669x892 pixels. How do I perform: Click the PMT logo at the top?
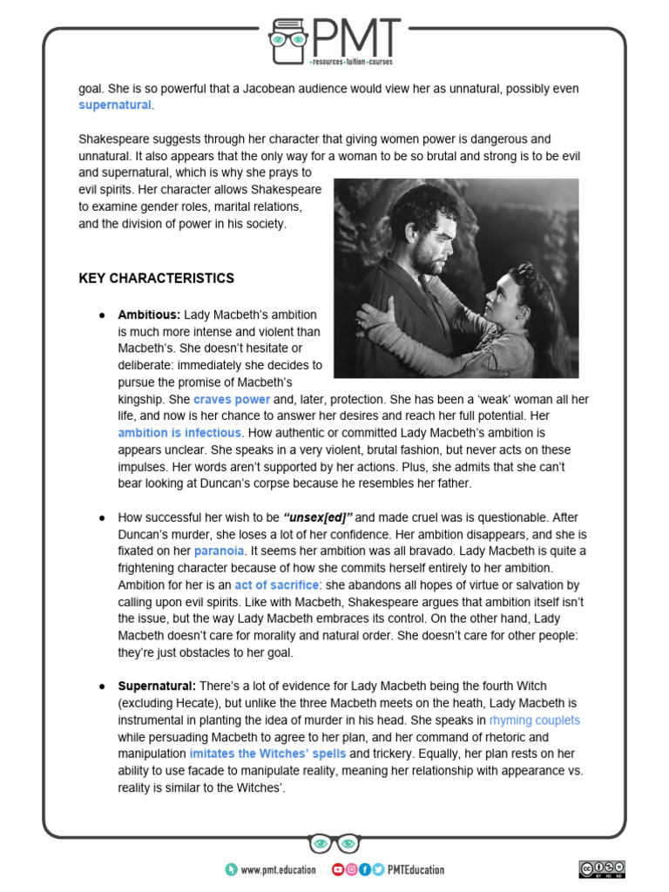coord(334,40)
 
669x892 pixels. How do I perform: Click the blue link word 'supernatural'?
coord(115,105)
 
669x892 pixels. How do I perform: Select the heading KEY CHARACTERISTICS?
coord(156,279)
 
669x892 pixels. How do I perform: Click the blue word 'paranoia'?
coord(219,551)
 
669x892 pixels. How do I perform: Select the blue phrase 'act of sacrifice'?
coord(277,585)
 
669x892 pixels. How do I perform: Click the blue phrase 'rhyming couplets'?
coord(534,720)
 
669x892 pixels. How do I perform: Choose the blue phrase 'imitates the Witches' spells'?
coord(267,753)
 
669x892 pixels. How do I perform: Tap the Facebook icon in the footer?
coord(364,869)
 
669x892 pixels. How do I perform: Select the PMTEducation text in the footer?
coord(415,869)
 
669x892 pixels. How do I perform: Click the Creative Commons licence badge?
coord(601,868)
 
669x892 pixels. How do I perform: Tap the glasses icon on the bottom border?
coord(334,843)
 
